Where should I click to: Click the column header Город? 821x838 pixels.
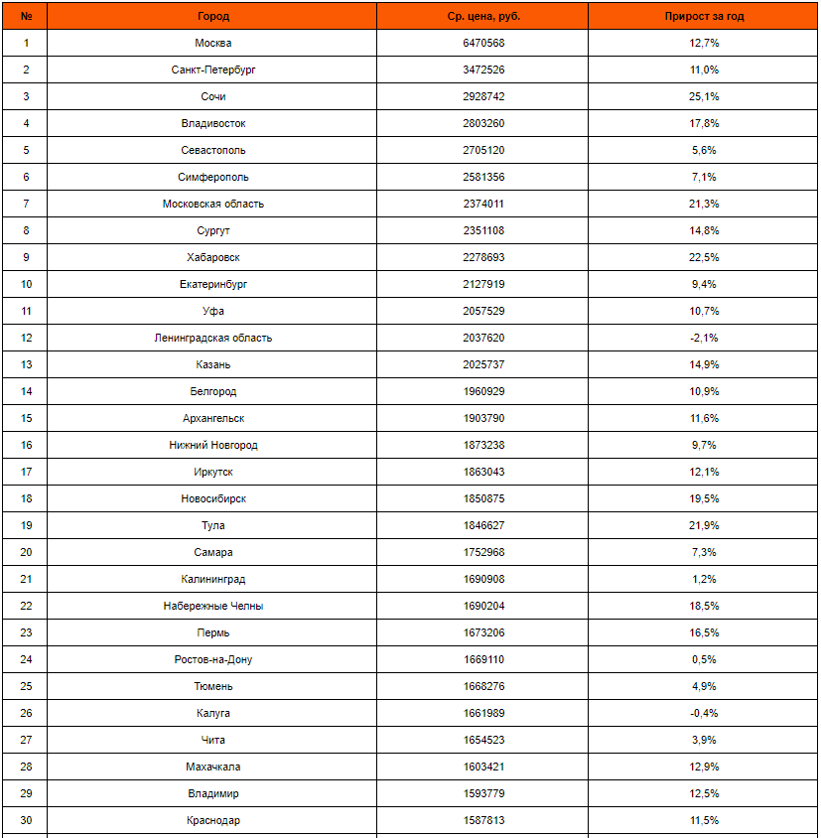(213, 16)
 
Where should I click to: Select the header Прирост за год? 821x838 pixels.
(704, 16)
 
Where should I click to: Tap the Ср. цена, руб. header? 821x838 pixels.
(483, 16)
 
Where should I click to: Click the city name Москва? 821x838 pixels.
(213, 43)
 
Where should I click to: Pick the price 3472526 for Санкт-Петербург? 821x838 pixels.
(483, 70)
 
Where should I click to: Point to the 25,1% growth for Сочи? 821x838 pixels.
(704, 96)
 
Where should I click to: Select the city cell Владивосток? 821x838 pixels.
(213, 123)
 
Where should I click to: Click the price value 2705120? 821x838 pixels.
(483, 150)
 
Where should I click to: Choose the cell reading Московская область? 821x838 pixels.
(213, 204)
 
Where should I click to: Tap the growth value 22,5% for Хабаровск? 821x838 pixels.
(704, 257)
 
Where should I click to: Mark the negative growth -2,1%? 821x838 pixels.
(704, 338)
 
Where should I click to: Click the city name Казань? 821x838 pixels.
(213, 364)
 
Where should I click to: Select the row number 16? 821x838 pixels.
(26, 445)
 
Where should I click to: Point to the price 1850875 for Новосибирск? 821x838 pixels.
(483, 498)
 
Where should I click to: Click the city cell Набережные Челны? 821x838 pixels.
(213, 606)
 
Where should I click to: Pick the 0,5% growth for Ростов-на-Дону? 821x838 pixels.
(704, 659)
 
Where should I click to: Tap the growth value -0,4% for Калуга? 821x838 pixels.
(704, 713)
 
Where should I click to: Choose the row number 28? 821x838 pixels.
(26, 767)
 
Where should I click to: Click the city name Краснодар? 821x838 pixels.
(213, 820)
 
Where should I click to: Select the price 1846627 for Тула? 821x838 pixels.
(483, 525)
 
